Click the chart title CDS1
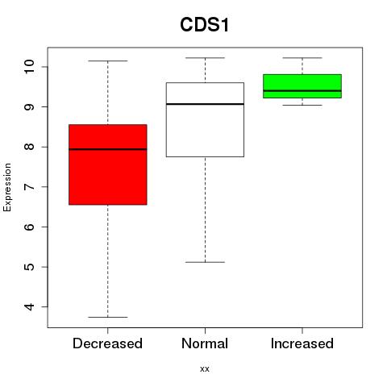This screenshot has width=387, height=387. [x=205, y=25]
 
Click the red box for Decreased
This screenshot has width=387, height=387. [x=108, y=164]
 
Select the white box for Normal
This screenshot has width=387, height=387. [x=205, y=119]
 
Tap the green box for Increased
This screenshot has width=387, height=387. [x=302, y=86]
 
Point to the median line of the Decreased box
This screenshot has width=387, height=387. [x=108, y=149]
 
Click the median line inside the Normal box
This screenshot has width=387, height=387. [x=205, y=104]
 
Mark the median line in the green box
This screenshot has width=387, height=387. [x=302, y=91]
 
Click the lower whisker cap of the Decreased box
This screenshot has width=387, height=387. [x=108, y=317]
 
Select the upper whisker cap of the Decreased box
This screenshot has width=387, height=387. [x=108, y=60]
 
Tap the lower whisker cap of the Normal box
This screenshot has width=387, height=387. [x=205, y=262]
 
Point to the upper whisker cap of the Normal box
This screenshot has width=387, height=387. [x=205, y=57]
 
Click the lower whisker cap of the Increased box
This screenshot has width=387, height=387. [x=302, y=105]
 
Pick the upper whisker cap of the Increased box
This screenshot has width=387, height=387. [x=302, y=57]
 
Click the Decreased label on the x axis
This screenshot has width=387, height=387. [x=107, y=343]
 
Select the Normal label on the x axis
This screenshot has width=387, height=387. [x=205, y=343]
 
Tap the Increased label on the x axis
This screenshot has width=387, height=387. [x=302, y=343]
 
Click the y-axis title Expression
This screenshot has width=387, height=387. [x=7, y=187]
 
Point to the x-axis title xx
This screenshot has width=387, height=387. [x=205, y=369]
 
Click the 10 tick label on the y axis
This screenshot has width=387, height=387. [x=29, y=66]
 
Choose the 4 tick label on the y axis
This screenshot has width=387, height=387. [x=29, y=306]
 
